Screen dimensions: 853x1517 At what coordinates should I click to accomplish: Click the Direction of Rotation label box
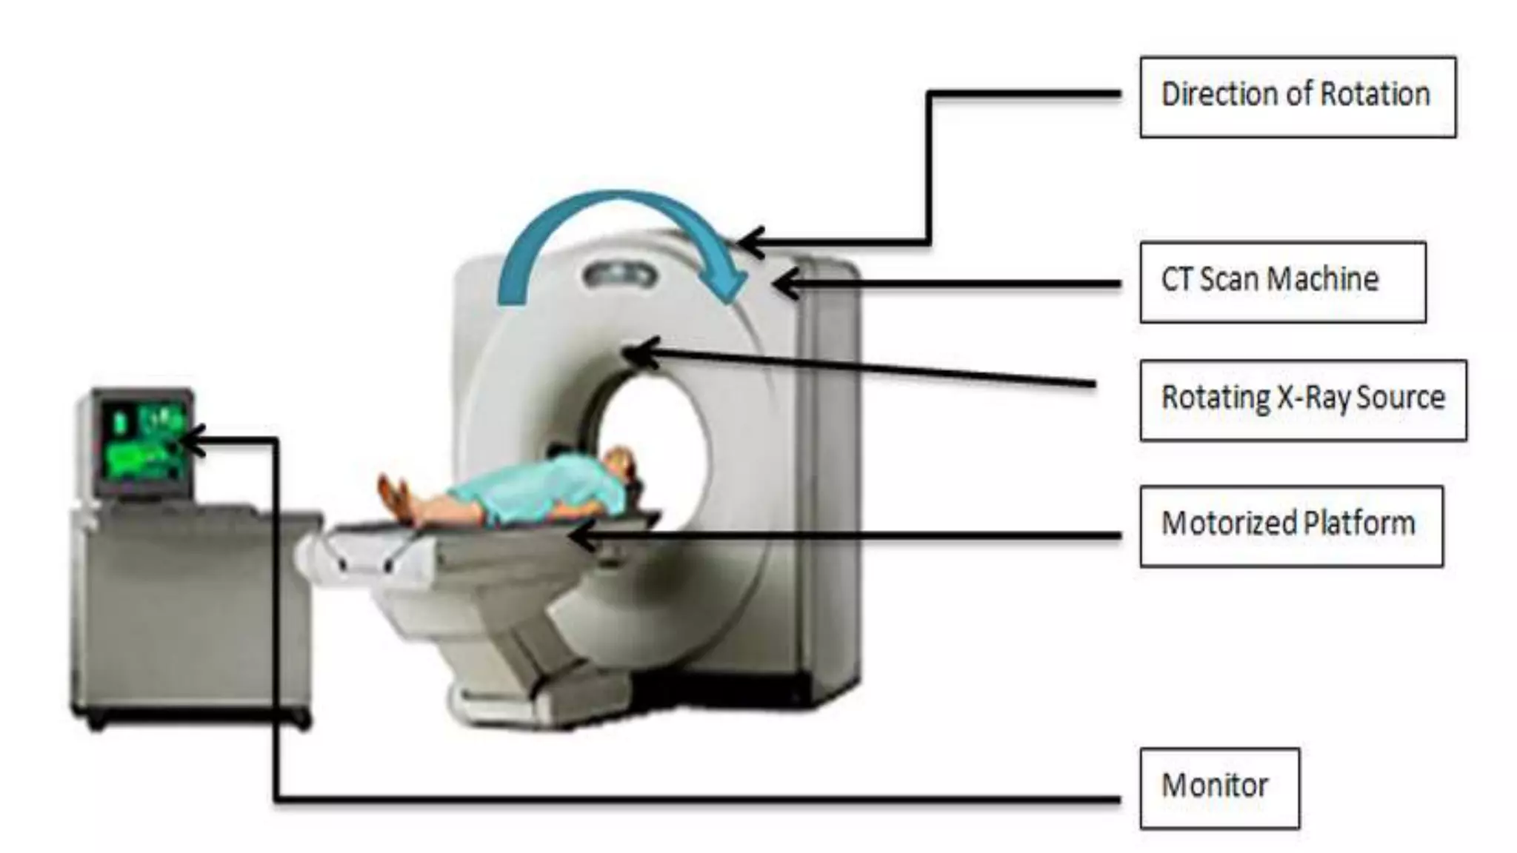click(1297, 97)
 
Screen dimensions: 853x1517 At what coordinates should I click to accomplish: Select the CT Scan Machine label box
click(1282, 282)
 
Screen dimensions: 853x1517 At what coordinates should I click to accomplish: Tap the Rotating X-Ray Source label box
click(1302, 401)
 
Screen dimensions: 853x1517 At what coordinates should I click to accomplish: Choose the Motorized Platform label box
click(1291, 526)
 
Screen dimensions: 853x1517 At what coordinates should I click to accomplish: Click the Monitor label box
click(1219, 788)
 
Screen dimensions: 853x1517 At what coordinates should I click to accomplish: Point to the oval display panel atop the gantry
click(619, 277)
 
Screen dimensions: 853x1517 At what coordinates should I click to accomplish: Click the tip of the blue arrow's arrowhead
click(730, 300)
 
